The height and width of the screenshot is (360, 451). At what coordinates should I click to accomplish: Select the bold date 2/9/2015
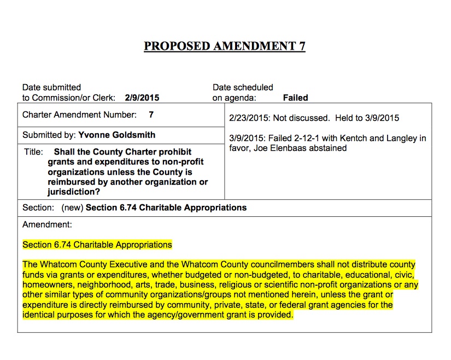coord(142,98)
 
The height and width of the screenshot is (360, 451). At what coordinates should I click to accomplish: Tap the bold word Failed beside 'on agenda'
coord(295,98)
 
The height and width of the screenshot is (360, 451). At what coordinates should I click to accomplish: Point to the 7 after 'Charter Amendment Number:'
coord(151,115)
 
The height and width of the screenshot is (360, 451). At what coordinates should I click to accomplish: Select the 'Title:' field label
coord(33,152)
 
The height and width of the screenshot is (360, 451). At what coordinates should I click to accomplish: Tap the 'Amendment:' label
coord(47,224)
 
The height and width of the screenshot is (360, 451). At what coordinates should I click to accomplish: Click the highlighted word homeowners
coord(45,285)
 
